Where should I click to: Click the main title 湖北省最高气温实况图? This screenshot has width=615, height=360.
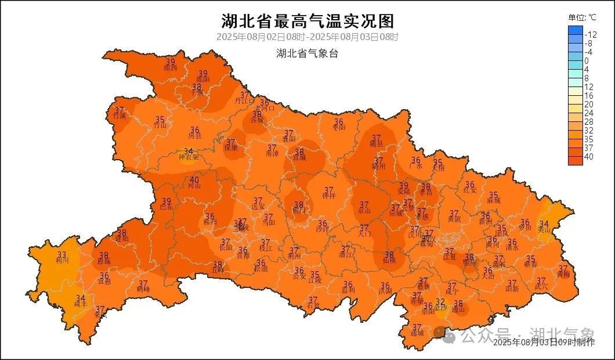coord(307,21)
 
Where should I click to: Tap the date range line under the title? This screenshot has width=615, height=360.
coord(307,37)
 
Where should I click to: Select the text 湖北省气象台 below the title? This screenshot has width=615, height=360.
coord(307,53)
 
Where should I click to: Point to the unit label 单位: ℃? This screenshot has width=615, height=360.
coord(582,17)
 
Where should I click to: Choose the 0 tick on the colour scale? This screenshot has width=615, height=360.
coord(587,61)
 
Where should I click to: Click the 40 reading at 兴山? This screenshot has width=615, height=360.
coord(194,180)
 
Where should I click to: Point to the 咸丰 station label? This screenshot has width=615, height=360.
coord(81,304)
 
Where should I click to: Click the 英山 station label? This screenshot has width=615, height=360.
coord(544,230)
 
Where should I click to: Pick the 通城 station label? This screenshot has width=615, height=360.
coord(417,333)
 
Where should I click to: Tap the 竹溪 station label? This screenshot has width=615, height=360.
coord(120,116)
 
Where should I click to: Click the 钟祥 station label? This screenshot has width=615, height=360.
coord(329,196)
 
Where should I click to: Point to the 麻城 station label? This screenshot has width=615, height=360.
coord(494,201)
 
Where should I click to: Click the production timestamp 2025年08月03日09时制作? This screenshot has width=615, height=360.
coord(544,343)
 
